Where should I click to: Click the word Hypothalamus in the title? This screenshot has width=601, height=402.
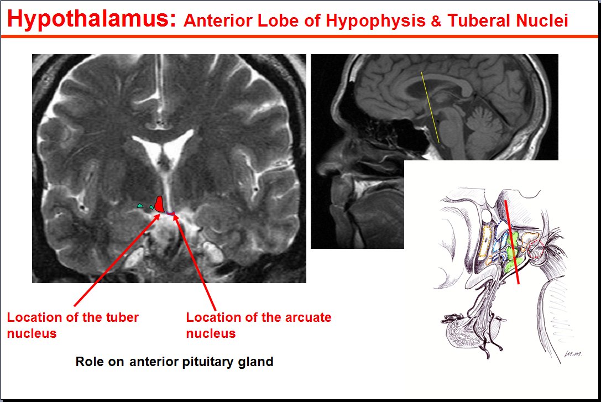pyautogui.click(x=92, y=19)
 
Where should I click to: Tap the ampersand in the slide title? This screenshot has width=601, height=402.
pyautogui.click(x=436, y=21)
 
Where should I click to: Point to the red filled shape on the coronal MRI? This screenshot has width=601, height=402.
pyautogui.click(x=159, y=204)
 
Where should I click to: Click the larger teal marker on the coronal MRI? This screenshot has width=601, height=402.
pyautogui.click(x=140, y=206)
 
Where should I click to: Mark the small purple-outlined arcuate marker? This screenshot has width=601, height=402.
pyautogui.click(x=170, y=213)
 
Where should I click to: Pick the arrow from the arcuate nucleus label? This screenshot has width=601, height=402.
pyautogui.click(x=194, y=262)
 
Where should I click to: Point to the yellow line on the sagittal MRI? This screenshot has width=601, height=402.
pyautogui.click(x=430, y=107)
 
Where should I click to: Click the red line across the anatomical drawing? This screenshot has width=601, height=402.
pyautogui.click(x=511, y=242)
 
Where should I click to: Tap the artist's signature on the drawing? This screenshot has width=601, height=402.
pyautogui.click(x=573, y=354)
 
